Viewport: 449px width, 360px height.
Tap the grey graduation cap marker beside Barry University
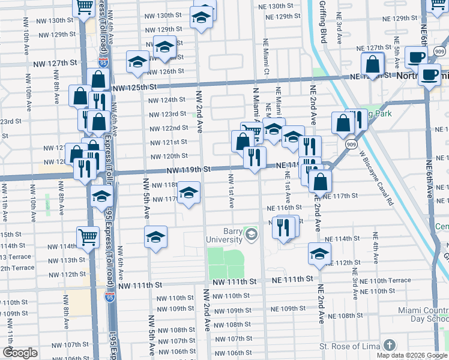[x=251, y=234]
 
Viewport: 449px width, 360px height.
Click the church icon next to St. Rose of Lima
[x=390, y=345]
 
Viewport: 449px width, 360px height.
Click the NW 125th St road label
[x=133, y=87]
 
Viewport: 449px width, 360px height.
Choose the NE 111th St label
[x=292, y=279]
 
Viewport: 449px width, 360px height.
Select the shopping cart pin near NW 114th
[x=88, y=237]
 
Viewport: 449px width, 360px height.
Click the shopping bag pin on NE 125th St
[x=373, y=64]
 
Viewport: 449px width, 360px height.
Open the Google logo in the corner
[x=20, y=353]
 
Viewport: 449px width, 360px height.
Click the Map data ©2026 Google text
[x=411, y=355]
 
